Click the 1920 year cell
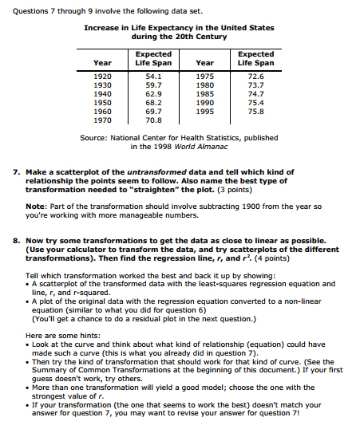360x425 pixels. (103, 76)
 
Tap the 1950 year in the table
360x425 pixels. (103, 102)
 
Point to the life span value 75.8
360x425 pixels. (255, 112)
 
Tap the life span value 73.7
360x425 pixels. (255, 85)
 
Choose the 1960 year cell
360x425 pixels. (103, 112)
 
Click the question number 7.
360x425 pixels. (18, 172)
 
